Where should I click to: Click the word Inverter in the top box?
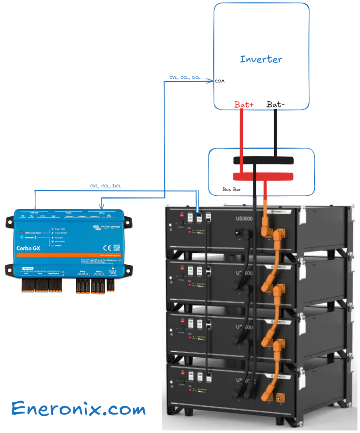[261, 59]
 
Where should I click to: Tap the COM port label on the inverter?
[220, 81]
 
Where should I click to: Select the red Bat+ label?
[244, 104]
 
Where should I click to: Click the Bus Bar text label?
[231, 189]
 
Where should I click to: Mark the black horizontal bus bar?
[262, 161]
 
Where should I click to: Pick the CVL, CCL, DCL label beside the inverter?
[185, 77]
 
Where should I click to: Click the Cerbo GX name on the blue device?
[28, 248]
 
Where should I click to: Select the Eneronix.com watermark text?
[79, 409]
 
